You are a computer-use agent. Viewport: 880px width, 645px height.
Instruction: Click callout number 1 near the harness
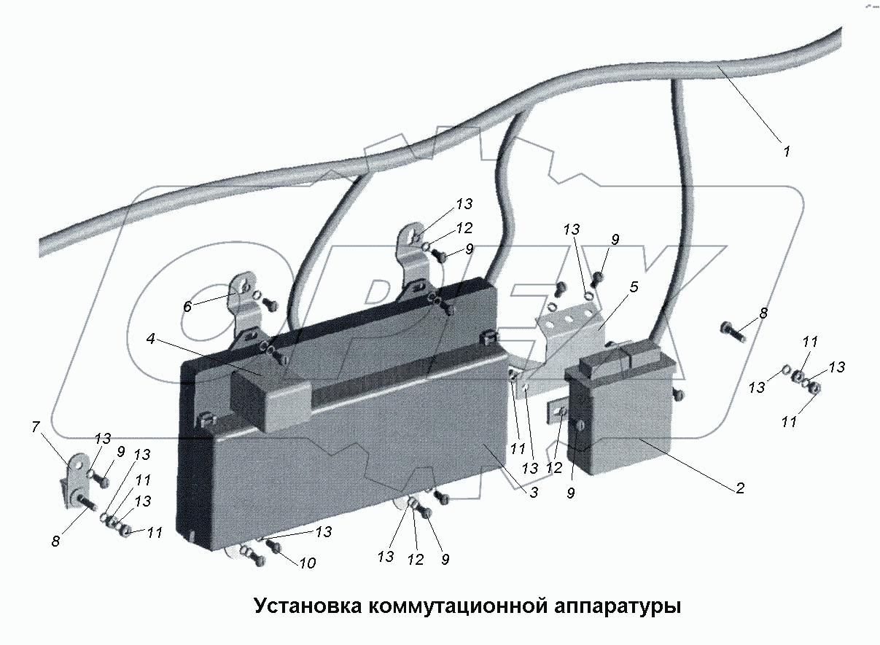point(786,152)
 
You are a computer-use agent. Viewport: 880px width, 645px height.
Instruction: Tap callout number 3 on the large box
point(534,493)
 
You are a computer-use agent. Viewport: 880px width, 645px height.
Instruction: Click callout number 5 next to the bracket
point(634,287)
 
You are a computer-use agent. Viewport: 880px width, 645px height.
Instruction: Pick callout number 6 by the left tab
point(187,307)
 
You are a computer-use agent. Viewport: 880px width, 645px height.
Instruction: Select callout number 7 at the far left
point(36,428)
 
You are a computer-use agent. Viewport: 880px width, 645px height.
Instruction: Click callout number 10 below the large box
point(307,563)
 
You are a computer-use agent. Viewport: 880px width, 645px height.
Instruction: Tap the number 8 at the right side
point(763,313)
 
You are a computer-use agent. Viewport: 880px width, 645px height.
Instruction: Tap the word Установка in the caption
point(307,606)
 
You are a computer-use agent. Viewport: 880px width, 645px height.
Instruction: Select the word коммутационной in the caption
point(468,606)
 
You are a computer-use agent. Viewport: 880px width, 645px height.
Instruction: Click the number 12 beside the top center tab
point(464,228)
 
